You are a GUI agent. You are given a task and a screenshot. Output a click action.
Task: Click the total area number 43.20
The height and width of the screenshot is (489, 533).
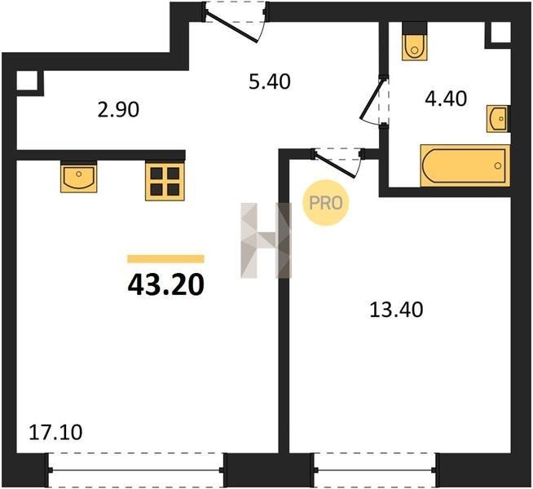point(166,284)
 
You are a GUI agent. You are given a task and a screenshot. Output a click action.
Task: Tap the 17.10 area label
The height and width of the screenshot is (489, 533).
point(55,433)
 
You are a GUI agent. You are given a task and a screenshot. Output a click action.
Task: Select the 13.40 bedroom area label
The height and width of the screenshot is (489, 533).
point(396,310)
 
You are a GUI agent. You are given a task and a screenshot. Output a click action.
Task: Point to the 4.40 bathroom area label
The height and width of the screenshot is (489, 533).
point(446,99)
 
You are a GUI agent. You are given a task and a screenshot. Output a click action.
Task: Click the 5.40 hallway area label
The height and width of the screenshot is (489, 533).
point(270,81)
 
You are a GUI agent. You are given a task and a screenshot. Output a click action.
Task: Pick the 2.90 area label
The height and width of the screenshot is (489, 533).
point(118,110)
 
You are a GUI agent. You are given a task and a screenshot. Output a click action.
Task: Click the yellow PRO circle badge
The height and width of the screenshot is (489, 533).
point(326,203)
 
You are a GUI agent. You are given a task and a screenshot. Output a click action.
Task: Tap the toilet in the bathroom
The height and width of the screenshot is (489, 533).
point(414,46)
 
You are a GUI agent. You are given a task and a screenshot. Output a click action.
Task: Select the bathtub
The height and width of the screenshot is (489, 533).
point(465,165)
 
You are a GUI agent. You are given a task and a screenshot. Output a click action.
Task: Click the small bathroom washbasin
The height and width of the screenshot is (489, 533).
point(498,118)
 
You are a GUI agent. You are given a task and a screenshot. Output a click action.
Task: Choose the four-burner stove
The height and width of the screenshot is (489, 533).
point(165,181)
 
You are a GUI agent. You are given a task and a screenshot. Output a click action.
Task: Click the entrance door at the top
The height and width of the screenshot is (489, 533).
point(236,21)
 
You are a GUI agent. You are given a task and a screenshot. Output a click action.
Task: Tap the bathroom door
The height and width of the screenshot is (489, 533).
point(375,101)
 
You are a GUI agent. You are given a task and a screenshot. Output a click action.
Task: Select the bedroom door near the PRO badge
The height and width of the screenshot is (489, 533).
point(337,162)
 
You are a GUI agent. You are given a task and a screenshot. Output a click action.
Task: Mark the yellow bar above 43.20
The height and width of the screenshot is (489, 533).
point(166,259)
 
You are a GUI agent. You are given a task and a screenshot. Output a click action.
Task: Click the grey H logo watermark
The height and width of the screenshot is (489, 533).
point(266,240)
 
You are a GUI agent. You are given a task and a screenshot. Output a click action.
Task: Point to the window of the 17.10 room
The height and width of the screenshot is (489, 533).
point(136,470)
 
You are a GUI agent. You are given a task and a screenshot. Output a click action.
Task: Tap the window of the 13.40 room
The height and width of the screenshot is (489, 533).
point(375,470)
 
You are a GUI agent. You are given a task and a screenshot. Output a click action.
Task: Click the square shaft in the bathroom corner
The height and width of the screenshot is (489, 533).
point(500,33)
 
